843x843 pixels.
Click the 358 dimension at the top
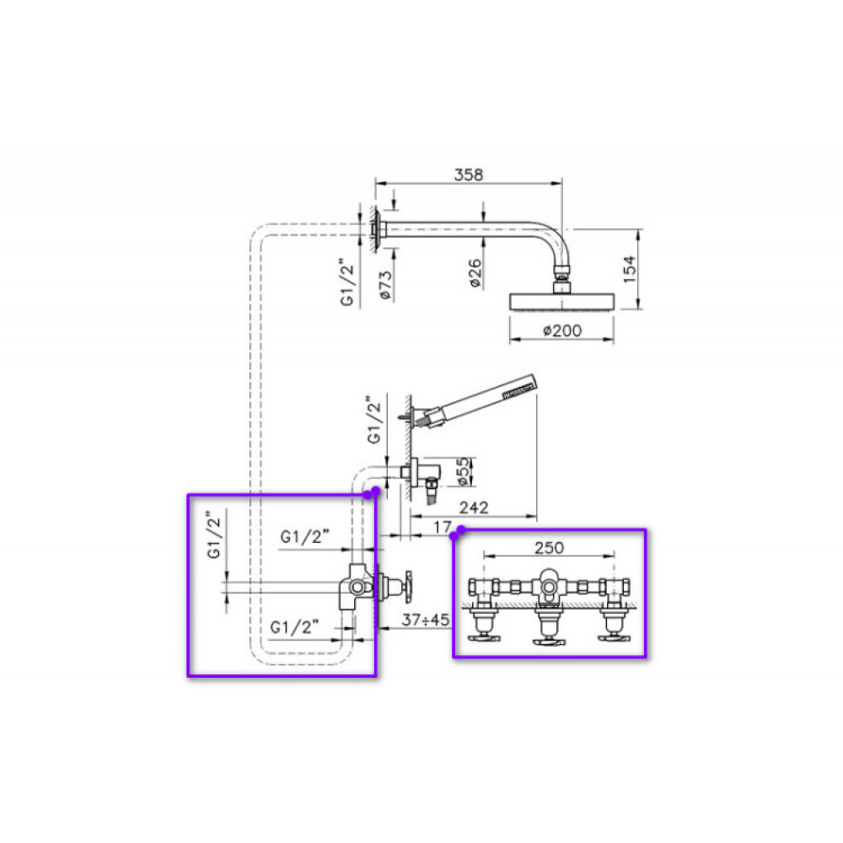coord(468,175)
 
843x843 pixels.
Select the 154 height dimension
coord(629,270)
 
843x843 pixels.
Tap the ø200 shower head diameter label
coord(561,330)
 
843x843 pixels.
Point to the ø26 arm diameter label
coord(475,273)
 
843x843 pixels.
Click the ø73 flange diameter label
coord(385,285)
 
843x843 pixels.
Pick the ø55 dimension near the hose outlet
coord(464,472)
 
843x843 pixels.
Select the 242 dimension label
coord(474,507)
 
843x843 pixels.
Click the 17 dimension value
coord(443,528)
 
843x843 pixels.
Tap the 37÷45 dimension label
coord(425,620)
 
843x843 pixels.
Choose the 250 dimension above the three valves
coord(549,548)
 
